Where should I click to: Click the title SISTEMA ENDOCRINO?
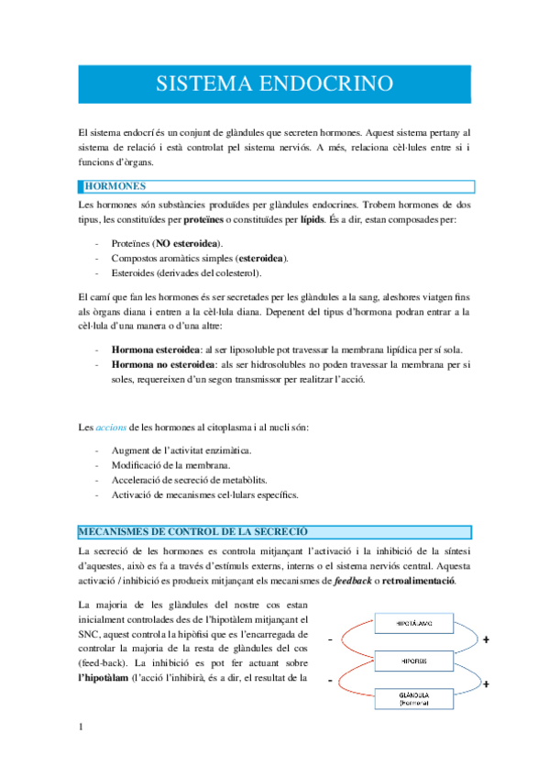point(274,84)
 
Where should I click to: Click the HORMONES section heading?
point(108,186)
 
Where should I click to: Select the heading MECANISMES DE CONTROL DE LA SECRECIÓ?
point(193,532)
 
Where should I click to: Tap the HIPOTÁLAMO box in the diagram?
point(409,624)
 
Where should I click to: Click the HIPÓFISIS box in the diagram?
point(409,661)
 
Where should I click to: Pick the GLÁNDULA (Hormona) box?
point(409,699)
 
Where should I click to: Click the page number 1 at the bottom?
point(82,728)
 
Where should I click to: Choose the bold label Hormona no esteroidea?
point(158,364)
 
